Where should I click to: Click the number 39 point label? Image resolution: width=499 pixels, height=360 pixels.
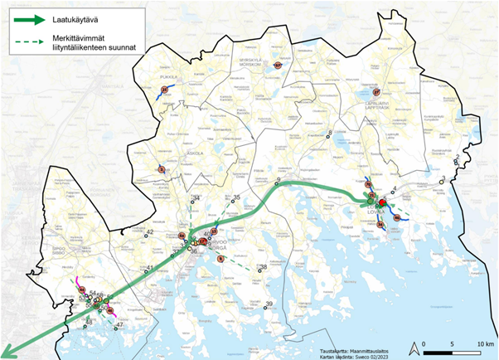pos(270,304)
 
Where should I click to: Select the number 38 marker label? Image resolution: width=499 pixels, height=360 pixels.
pos(264,267)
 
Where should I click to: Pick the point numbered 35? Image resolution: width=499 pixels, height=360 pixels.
pos(236,197)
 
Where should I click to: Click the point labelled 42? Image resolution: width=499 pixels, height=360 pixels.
pos(151,232)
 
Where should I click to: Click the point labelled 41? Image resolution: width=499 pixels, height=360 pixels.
pos(150,266)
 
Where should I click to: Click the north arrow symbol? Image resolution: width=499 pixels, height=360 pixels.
pos(413,347)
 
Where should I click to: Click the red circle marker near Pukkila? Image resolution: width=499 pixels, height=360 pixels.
pos(164,89)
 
